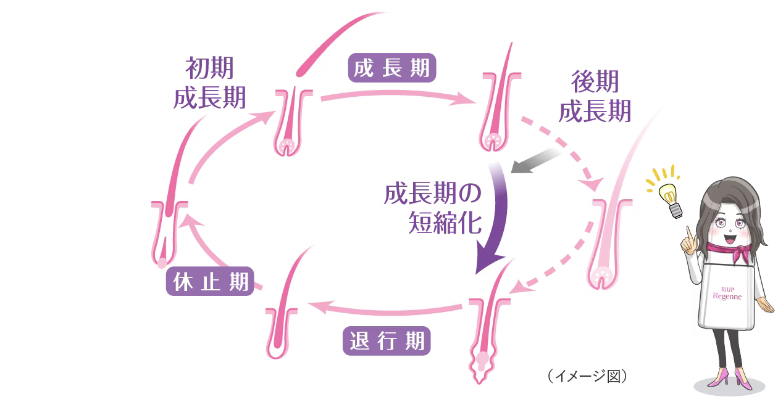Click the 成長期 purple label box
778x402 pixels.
coord(392,68)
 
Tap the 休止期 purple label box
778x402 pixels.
coord(210,282)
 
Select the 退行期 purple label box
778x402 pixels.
coord(387,341)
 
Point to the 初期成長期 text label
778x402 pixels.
coord(210,83)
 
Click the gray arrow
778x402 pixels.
coord(535,162)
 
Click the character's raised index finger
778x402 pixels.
coord(688,234)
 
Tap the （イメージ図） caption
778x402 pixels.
coord(587,375)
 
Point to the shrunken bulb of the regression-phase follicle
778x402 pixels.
coord(482,364)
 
